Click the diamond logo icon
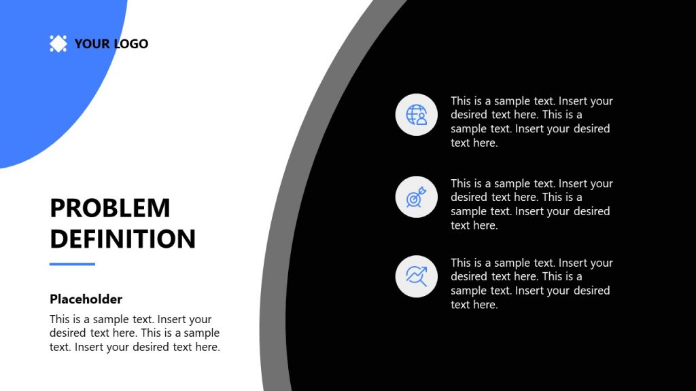[x=58, y=44]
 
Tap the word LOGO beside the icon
[x=130, y=44]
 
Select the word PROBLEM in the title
[x=110, y=208]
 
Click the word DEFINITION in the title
[x=122, y=239]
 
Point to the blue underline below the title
[x=72, y=264]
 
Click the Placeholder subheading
[x=86, y=299]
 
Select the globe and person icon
[x=417, y=115]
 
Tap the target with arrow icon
[x=417, y=197]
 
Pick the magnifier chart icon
[x=417, y=276]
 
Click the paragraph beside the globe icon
[x=531, y=122]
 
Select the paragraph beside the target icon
[x=531, y=204]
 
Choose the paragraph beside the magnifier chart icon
[x=531, y=283]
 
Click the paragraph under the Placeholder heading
[x=135, y=333]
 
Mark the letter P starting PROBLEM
[x=57, y=208]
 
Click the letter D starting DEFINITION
[x=58, y=239]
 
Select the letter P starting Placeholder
[x=54, y=299]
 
